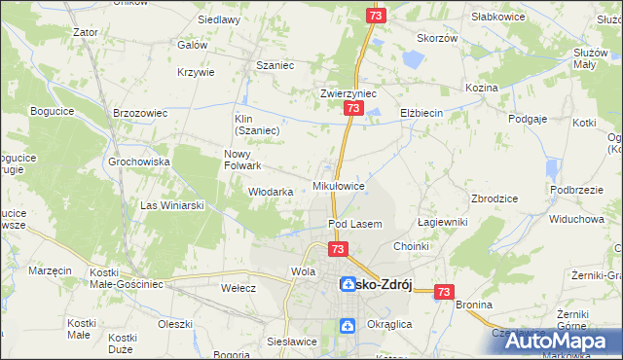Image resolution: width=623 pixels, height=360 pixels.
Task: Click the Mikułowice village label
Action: [339, 185]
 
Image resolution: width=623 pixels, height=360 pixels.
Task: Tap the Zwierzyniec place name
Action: [348, 94]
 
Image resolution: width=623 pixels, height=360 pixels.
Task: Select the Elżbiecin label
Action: [421, 113]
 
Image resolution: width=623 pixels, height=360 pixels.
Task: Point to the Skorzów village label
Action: [437, 38]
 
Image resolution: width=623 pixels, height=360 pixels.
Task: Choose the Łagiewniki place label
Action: [443, 222]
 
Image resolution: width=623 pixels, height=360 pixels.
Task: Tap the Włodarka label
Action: [271, 192]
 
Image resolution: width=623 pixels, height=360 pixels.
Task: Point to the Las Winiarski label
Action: [171, 205]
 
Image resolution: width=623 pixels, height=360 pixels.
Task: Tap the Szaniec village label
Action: [275, 65]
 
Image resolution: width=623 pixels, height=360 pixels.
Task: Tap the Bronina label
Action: [473, 305]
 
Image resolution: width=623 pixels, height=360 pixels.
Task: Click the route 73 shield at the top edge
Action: [377, 16]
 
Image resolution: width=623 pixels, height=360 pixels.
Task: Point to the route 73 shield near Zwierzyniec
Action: [351, 112]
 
